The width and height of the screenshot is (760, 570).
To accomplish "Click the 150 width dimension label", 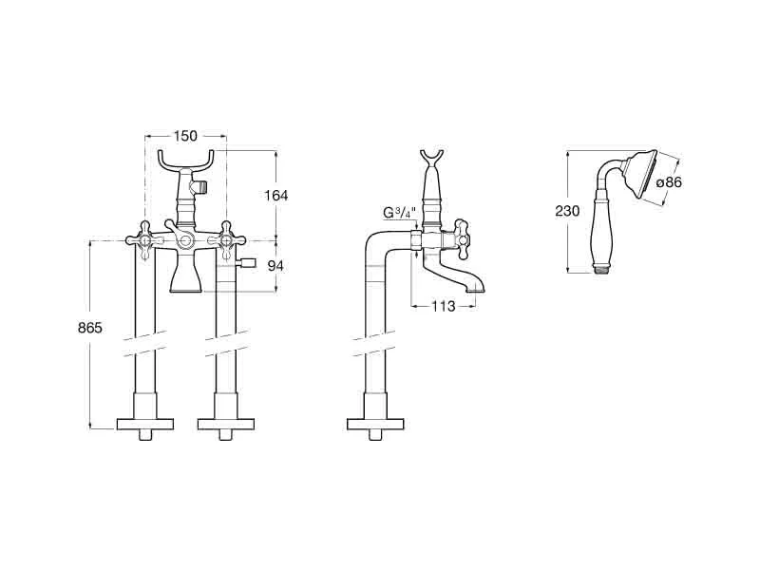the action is click(x=185, y=136).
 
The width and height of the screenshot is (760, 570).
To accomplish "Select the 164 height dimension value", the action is click(x=275, y=196).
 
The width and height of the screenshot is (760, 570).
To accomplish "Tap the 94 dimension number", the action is click(x=275, y=266).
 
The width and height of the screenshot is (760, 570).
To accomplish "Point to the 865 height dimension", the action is click(x=90, y=328).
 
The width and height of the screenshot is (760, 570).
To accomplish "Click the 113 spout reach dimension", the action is click(x=444, y=306).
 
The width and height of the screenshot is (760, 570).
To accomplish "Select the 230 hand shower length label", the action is click(x=567, y=211).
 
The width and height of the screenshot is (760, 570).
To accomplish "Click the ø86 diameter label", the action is click(x=669, y=182).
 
